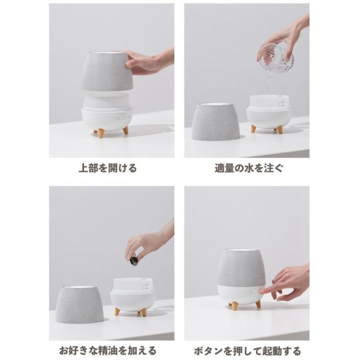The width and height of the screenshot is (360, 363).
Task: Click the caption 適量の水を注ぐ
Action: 249,168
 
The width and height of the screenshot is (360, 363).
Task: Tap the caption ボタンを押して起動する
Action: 248,351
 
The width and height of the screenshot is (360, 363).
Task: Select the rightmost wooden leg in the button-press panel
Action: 258,304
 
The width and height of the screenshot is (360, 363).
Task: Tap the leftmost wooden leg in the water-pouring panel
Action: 254,129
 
